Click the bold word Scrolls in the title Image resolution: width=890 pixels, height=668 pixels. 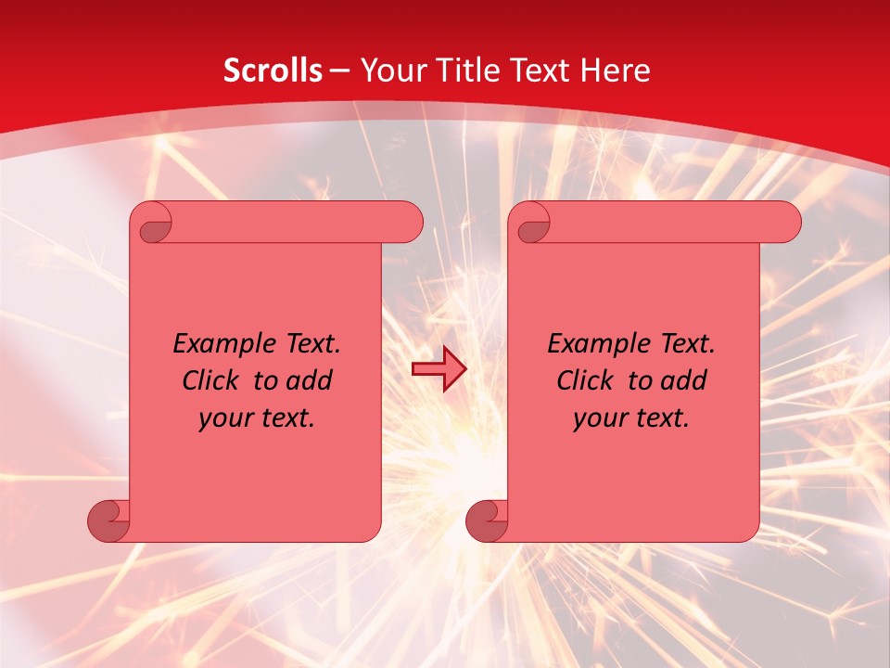tap(273, 71)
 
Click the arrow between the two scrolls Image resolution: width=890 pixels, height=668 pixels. tap(439, 369)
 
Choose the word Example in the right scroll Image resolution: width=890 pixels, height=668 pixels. tap(594, 344)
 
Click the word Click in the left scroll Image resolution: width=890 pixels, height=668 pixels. tap(210, 380)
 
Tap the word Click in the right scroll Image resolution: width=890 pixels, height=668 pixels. tap(584, 380)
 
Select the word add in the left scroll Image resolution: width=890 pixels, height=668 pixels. tap(310, 380)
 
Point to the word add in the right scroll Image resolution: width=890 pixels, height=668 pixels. tap(684, 380)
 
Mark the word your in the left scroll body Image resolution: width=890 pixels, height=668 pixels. tap(226, 418)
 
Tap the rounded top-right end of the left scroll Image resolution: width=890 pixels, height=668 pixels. tap(408, 222)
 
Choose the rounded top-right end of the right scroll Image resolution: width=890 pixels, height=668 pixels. tap(786, 222)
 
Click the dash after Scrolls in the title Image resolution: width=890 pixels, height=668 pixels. tap(339, 71)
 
